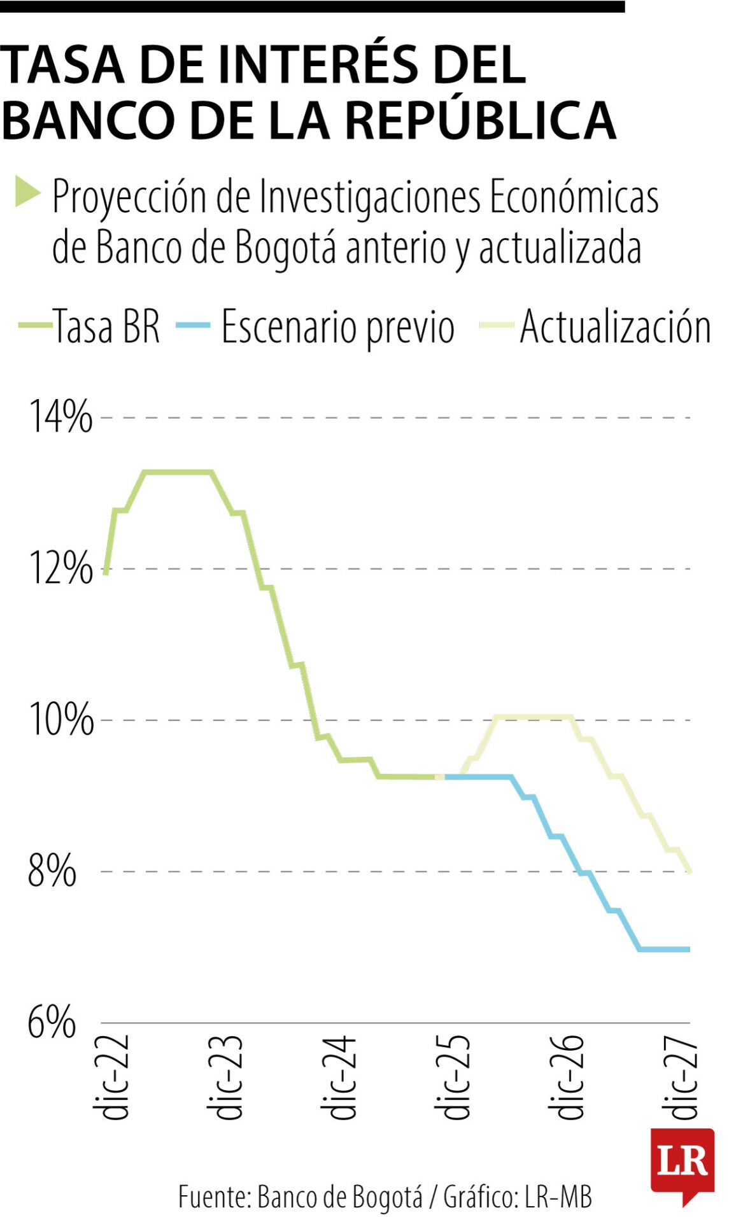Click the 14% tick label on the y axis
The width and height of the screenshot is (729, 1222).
(x=60, y=418)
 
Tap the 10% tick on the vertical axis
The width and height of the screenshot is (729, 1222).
(x=60, y=720)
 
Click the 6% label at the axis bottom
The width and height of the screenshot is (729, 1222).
(x=52, y=1023)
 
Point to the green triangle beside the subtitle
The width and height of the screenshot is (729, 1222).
(x=27, y=192)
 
